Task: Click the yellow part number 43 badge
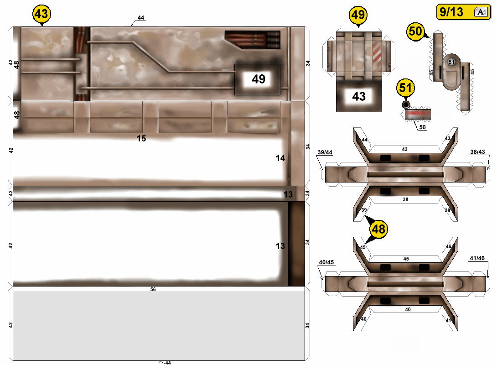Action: [41, 14]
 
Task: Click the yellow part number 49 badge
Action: [358, 15]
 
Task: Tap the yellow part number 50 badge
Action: [415, 31]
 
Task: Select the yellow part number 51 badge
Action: [405, 88]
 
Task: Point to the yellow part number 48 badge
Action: [378, 229]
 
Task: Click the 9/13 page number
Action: [451, 12]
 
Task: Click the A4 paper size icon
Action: [481, 12]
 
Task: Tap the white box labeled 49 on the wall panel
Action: [259, 79]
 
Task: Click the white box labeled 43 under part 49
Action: [359, 96]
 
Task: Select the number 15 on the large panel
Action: [141, 138]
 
